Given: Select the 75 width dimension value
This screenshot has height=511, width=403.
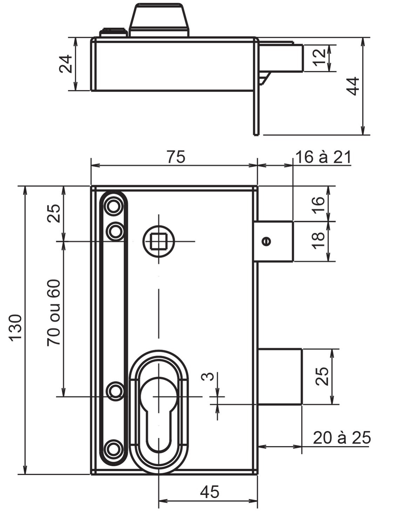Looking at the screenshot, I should point(175,157).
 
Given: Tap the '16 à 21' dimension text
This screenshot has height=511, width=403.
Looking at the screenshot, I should point(323,157).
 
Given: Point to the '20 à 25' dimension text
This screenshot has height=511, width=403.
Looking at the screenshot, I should point(341,438).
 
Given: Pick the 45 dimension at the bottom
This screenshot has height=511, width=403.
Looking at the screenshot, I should point(209,492).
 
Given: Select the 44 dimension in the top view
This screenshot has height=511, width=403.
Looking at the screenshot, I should point(352,86).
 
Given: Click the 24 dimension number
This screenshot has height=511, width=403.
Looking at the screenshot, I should point(66,64).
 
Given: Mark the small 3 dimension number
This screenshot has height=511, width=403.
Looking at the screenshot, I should point(208,377).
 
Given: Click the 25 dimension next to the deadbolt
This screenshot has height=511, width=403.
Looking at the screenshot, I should point(322,376).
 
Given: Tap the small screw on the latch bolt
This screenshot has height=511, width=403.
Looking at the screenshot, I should point(267,241).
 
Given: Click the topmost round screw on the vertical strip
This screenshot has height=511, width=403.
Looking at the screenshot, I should point(113,207).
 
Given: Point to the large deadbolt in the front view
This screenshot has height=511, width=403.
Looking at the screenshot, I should point(280,376).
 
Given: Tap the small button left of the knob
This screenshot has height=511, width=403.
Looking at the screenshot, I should point(113,32).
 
